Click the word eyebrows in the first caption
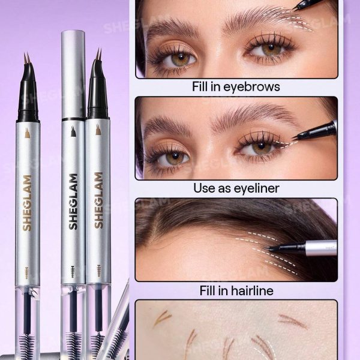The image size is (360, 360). [251, 87]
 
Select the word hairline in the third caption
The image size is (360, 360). [252, 290]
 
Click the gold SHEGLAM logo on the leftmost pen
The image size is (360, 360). [27, 203]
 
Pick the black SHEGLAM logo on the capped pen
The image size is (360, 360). [73, 202]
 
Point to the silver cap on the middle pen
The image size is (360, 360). [73, 74]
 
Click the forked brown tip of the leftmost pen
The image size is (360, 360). [27, 58]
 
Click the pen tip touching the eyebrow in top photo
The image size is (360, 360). [295, 8]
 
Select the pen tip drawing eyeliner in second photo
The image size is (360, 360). [295, 139]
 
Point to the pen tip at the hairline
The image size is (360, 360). [266, 248]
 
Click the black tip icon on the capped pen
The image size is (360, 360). [73, 131]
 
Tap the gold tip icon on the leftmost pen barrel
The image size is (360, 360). [28, 133]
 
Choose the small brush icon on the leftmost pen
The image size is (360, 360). [27, 273]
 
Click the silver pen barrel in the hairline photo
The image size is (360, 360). [321, 248]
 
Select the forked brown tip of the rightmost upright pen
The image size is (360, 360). [99, 54]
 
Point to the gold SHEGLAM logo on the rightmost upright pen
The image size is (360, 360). [99, 200]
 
